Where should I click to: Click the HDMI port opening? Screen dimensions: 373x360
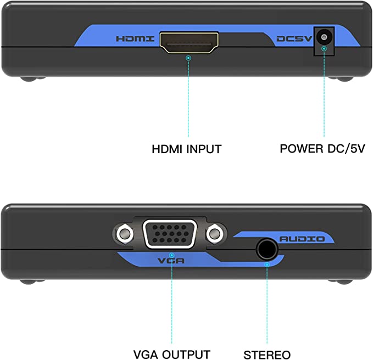[x=189, y=43]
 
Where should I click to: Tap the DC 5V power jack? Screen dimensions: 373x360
[x=324, y=37]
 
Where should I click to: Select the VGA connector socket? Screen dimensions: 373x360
[x=170, y=234]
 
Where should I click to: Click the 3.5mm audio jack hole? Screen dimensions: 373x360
[x=266, y=250]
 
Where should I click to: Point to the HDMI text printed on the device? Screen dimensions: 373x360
[x=135, y=39]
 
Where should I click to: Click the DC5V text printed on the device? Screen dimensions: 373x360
[x=294, y=39]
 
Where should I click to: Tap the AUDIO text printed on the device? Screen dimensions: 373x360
[x=302, y=239]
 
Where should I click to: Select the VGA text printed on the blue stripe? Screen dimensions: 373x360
[x=171, y=261]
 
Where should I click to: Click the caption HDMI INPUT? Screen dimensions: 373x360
[x=187, y=149]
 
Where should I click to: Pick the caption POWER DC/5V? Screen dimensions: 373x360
[x=322, y=149]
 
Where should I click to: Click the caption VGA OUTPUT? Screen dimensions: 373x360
[x=172, y=355]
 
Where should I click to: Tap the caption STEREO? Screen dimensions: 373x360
[x=267, y=355]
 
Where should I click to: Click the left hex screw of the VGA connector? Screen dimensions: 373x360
[x=124, y=234]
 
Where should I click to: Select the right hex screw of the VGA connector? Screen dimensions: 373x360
[x=215, y=234]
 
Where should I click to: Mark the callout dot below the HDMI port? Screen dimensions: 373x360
[x=188, y=58]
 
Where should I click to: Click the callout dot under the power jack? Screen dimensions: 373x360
[x=324, y=49]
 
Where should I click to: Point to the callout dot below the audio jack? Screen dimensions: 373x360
[x=267, y=265]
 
